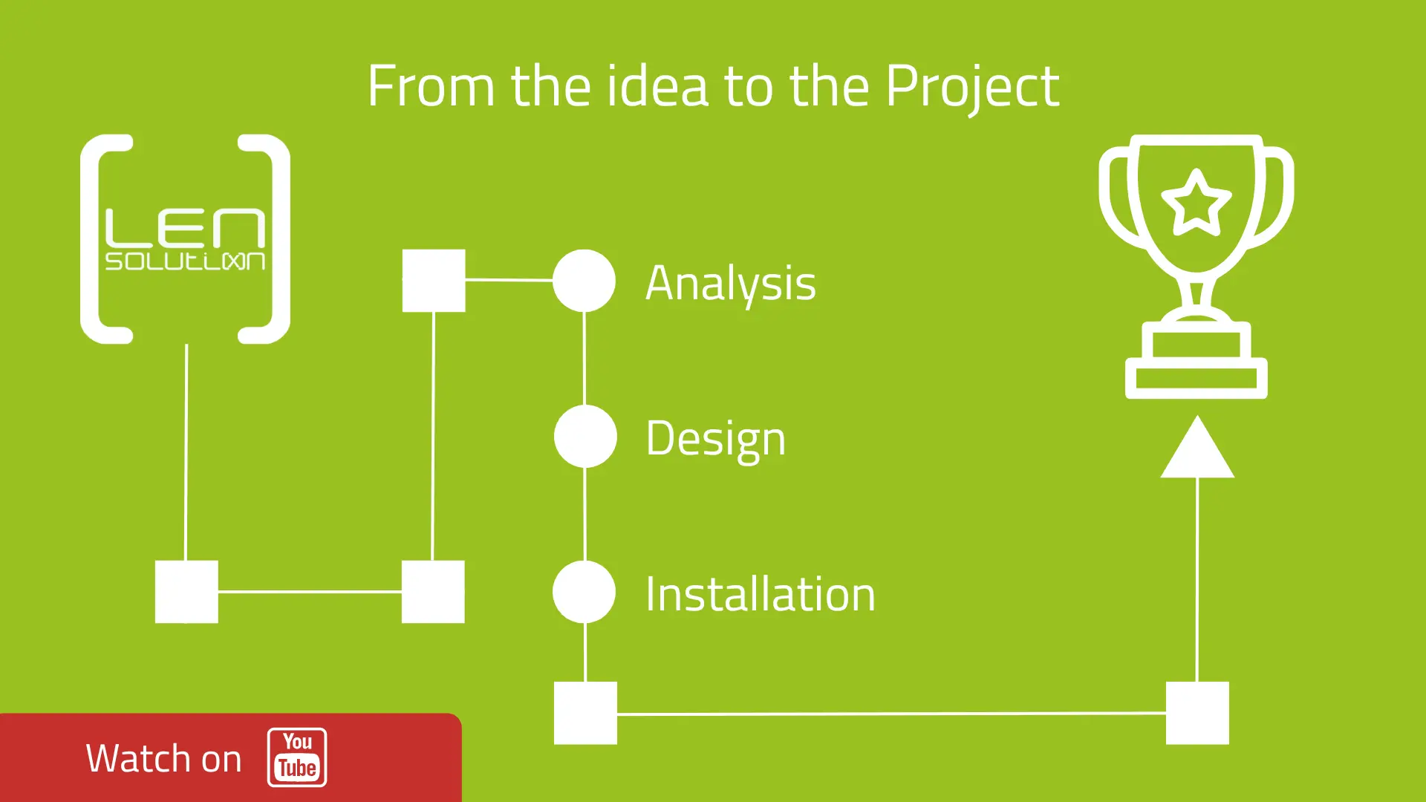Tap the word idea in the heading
click(x=657, y=86)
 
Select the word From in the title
click(x=431, y=86)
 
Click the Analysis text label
click(x=730, y=284)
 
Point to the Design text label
click(x=715, y=438)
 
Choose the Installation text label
click(x=760, y=594)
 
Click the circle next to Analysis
click(x=585, y=281)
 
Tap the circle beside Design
click(x=585, y=437)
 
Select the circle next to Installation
click(x=585, y=592)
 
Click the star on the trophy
click(x=1196, y=202)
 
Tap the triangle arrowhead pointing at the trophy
click(x=1197, y=449)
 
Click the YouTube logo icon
click(x=297, y=757)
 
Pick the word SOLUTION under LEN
click(x=185, y=261)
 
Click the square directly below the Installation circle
click(x=585, y=713)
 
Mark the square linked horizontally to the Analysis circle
click(x=434, y=281)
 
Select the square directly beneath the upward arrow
click(x=1197, y=713)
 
